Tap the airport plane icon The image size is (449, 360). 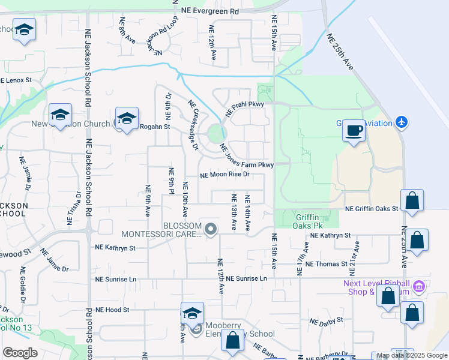coord(402,123)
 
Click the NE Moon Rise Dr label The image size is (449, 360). coord(224,175)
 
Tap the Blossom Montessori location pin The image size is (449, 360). coord(211,229)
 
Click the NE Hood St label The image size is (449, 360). coord(112,310)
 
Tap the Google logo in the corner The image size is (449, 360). coord(20,352)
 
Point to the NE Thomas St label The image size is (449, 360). coord(326,263)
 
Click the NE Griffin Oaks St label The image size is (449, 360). coord(372,209)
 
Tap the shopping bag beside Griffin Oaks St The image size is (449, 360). coord(412,202)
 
